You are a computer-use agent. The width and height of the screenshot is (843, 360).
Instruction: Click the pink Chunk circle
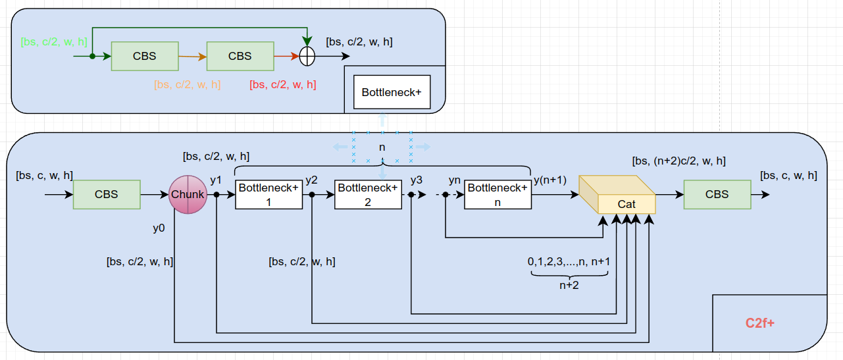(x=188, y=195)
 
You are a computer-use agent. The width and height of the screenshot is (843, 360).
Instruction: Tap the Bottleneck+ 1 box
(x=268, y=195)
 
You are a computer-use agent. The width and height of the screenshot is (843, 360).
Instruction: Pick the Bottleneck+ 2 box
(x=368, y=195)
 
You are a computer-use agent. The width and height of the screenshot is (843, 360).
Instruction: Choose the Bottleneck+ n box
(x=498, y=195)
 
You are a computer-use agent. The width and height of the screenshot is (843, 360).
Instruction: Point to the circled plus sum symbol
(x=307, y=57)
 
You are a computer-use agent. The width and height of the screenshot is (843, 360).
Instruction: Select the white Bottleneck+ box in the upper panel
(x=392, y=92)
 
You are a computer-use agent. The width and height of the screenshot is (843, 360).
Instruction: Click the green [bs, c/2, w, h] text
(x=54, y=42)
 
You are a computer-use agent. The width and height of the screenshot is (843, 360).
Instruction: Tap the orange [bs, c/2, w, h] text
(x=188, y=85)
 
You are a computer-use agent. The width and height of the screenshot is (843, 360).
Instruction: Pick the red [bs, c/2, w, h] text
(x=283, y=85)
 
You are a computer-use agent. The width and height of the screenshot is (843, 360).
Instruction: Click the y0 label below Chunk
(x=159, y=228)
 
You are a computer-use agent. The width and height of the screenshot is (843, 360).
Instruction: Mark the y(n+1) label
(x=550, y=180)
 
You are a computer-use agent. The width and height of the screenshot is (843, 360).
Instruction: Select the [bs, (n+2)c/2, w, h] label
(x=678, y=161)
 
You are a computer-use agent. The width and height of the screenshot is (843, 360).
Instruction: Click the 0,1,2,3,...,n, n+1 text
(x=569, y=262)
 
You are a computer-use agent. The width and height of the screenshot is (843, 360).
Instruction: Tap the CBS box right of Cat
(x=717, y=195)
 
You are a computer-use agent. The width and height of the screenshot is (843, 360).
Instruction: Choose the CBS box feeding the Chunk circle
(x=107, y=195)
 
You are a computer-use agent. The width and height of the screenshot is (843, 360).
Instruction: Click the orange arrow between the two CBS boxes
(x=192, y=57)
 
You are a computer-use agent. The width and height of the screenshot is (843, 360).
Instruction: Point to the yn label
(x=454, y=180)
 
